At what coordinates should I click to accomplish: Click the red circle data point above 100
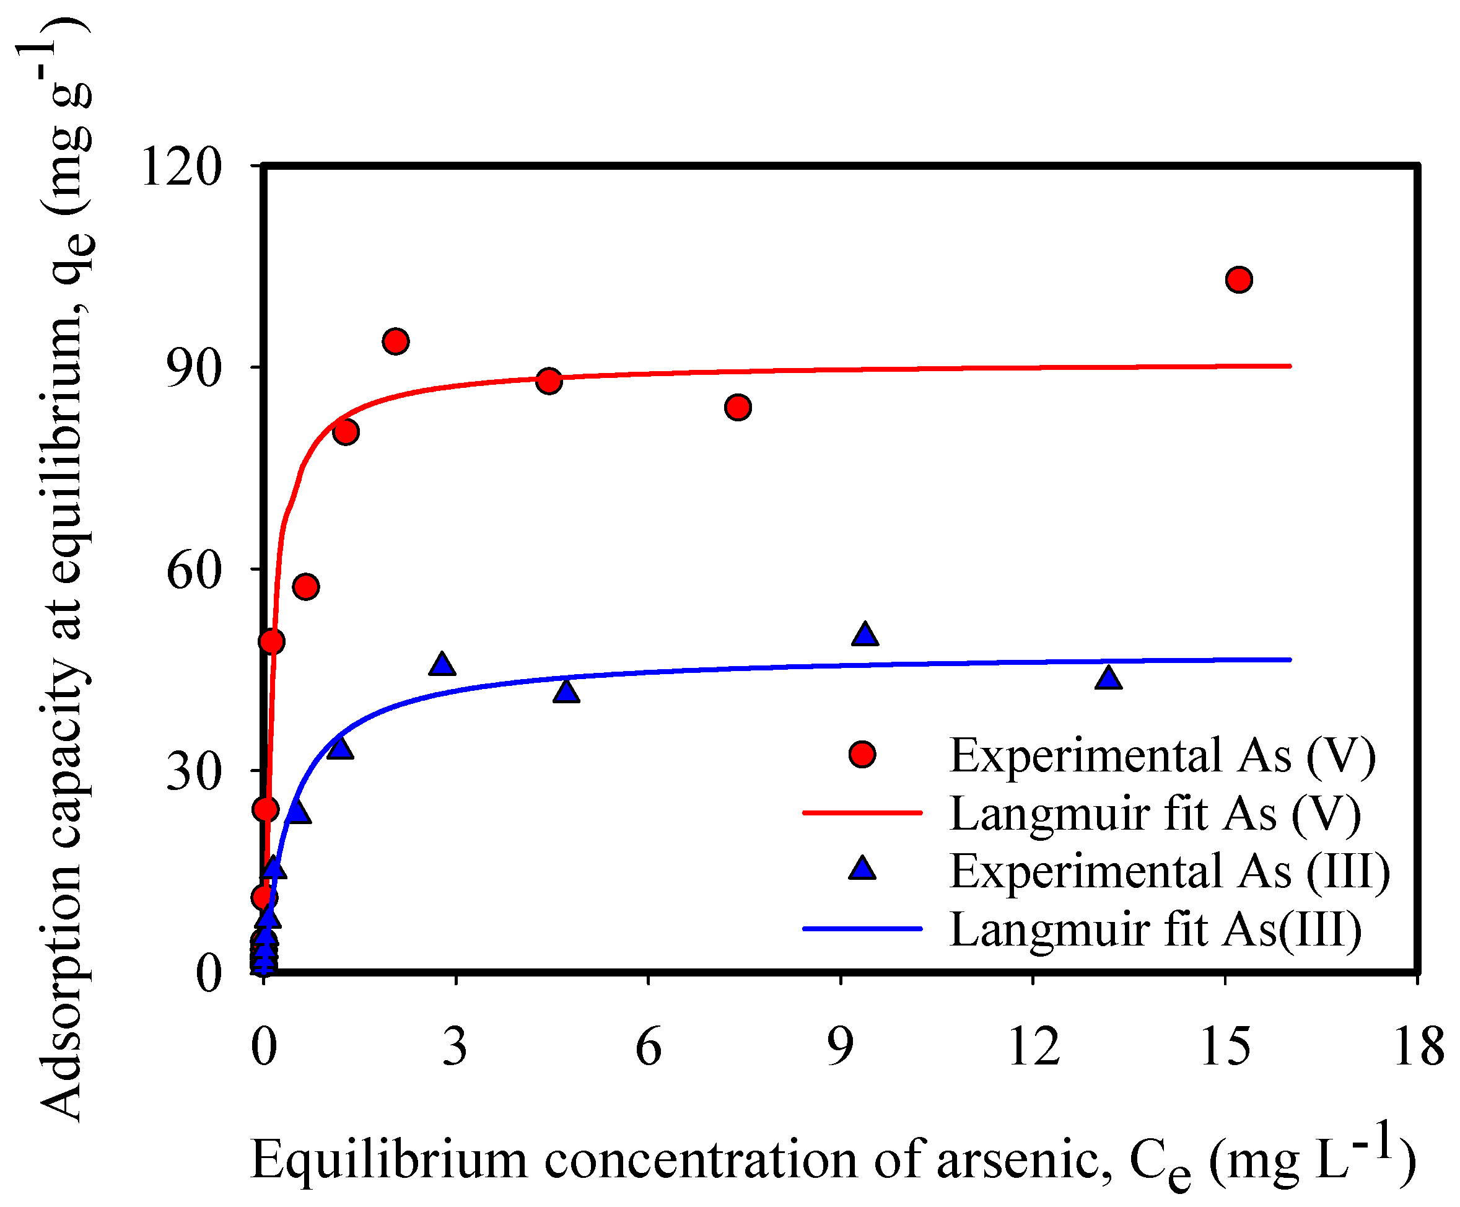pyautogui.click(x=1239, y=279)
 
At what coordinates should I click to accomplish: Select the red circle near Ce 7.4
pyautogui.click(x=737, y=406)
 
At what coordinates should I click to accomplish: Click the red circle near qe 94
pyautogui.click(x=395, y=341)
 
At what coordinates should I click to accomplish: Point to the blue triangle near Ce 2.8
pyautogui.click(x=442, y=665)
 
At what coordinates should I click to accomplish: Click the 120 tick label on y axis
pyautogui.click(x=181, y=167)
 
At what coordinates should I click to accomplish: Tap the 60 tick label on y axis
pyautogui.click(x=194, y=570)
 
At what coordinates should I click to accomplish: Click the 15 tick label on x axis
pyautogui.click(x=1225, y=1047)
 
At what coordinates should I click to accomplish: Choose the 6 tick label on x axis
pyautogui.click(x=648, y=1047)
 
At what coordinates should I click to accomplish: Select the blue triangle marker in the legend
pyautogui.click(x=862, y=869)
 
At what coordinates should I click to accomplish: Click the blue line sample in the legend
pyautogui.click(x=862, y=928)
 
